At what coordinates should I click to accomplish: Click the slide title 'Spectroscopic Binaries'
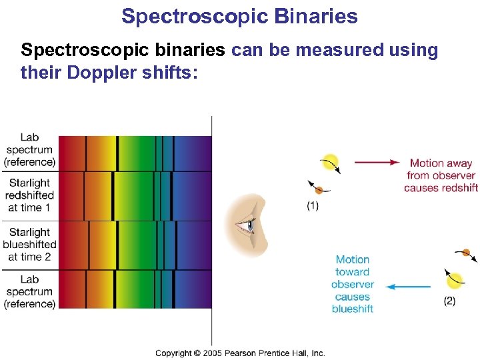(239, 16)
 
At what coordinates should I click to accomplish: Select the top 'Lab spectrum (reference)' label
(29, 150)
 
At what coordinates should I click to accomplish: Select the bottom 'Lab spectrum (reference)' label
(29, 291)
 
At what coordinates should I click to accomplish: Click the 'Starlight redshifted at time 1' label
(29, 195)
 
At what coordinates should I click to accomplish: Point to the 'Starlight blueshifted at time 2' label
(29, 244)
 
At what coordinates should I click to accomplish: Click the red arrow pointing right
(377, 162)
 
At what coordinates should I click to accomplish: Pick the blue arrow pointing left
(408, 287)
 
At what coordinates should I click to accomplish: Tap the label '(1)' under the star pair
(313, 206)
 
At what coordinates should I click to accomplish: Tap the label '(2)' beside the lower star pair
(450, 301)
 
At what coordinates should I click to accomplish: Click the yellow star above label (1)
(329, 163)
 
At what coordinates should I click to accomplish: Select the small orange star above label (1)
(319, 190)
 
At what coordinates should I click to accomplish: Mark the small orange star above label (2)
(466, 253)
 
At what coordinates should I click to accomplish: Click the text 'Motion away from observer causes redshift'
(440, 175)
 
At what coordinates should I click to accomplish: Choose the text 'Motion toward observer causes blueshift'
(352, 284)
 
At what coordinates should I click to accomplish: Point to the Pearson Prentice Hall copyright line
(240, 353)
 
